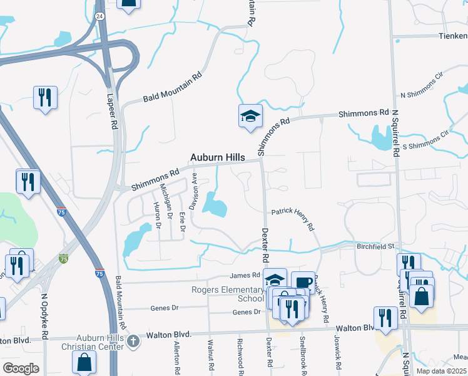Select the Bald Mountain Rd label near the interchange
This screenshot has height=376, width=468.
172,88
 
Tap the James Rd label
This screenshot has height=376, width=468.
244,275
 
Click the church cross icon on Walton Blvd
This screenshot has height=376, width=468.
132,342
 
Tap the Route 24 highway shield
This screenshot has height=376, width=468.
99,15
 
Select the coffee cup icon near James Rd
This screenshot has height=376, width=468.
303,282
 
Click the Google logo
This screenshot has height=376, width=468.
21,368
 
